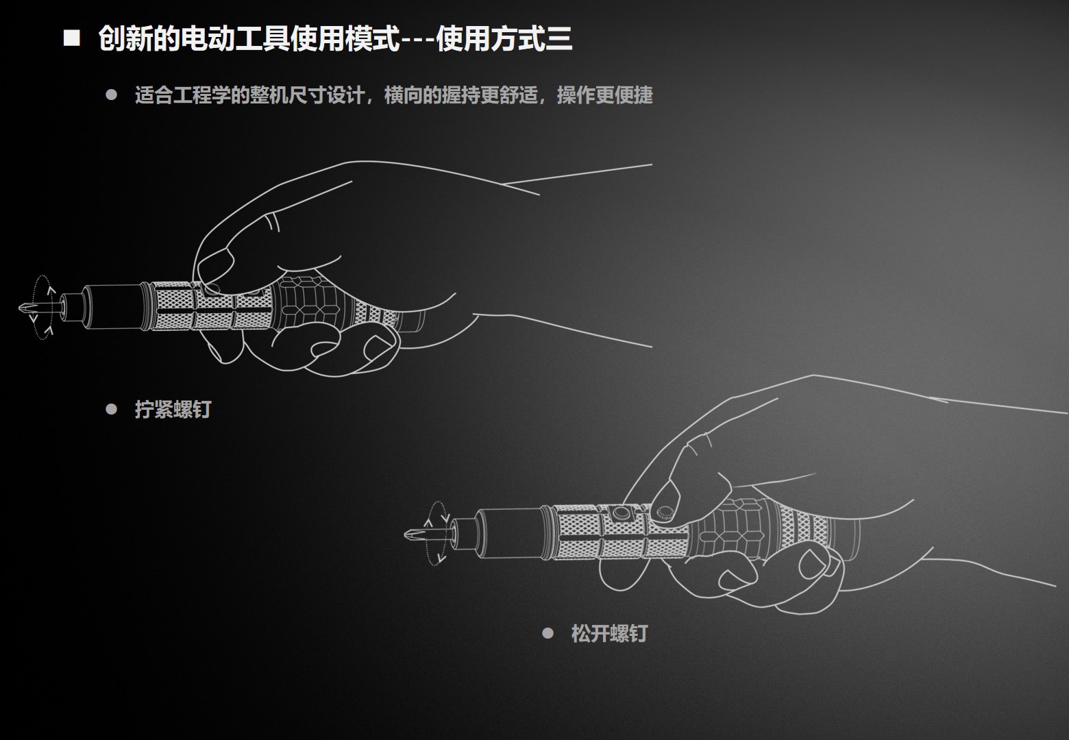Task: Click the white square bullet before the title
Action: point(72,38)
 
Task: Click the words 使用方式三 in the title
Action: point(504,39)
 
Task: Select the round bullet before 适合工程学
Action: point(112,95)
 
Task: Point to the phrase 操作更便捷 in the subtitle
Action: point(604,95)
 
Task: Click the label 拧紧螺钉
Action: point(173,410)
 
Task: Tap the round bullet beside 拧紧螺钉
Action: point(112,410)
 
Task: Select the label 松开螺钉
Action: point(609,633)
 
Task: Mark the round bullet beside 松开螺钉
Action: point(548,633)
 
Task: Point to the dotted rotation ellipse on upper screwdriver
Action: point(42,308)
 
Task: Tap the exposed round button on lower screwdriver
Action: point(622,513)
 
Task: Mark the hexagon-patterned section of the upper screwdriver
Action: point(305,301)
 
